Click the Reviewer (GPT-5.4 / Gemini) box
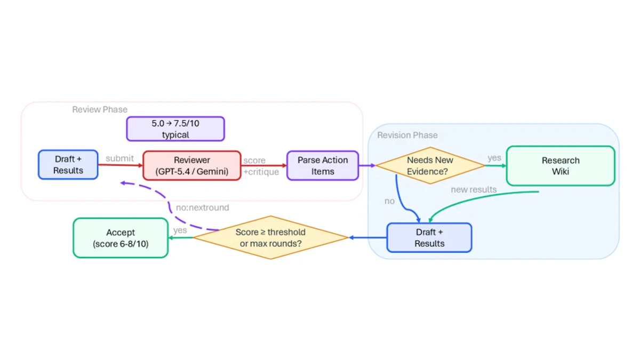coord(191,166)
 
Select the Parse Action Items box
coord(323,166)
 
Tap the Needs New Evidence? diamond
coord(430,165)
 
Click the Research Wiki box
coord(561,166)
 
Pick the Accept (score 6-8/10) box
coord(121,238)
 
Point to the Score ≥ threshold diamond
coord(270,237)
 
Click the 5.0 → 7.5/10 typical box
coord(175,129)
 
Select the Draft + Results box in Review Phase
coord(68,165)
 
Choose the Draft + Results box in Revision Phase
coord(429,238)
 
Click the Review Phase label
coord(100,109)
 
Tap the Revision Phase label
coord(407,135)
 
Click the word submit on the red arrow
coord(119,158)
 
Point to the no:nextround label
coord(203,207)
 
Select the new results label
coord(474,190)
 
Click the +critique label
coord(261,172)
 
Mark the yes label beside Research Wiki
coord(494,158)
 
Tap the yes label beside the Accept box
coord(180,230)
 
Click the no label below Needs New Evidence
coord(389,201)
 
